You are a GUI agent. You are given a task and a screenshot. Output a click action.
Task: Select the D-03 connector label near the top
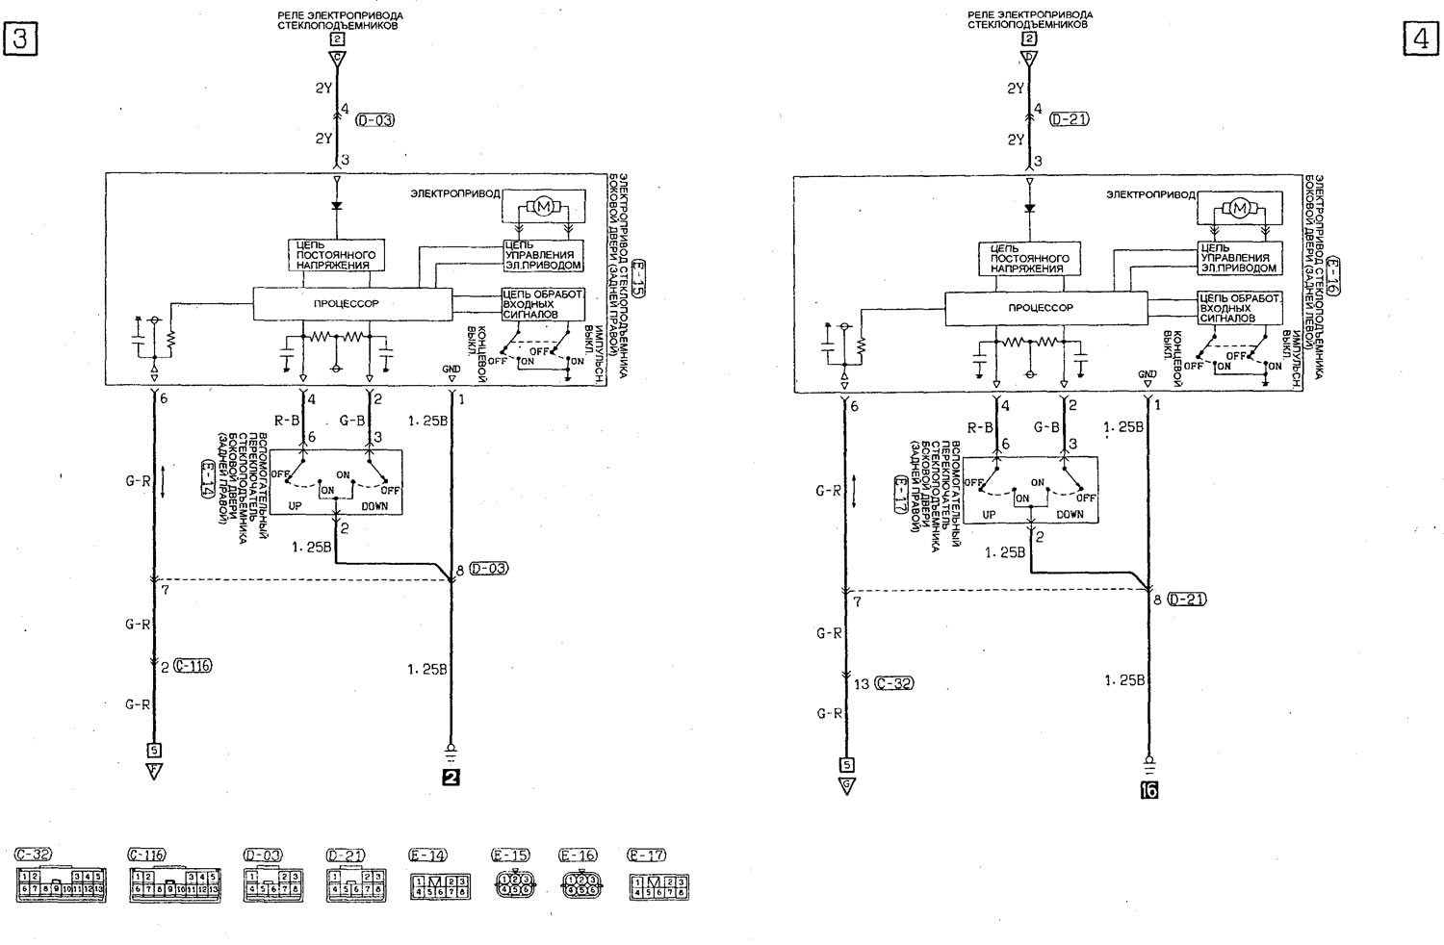[374, 120]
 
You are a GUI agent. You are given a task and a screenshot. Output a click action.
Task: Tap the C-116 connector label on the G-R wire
[193, 665]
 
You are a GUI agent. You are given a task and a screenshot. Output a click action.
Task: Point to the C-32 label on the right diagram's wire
[894, 684]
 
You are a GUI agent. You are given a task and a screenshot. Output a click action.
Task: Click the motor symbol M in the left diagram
[543, 205]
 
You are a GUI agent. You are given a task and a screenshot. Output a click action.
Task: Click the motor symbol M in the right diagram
[1239, 207]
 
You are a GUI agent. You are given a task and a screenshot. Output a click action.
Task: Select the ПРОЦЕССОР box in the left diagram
[352, 303]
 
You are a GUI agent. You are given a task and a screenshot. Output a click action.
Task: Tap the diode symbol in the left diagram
[336, 205]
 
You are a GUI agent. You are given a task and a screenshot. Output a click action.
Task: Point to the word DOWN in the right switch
[1069, 514]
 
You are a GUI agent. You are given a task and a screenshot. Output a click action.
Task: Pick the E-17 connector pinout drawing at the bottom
[659, 885]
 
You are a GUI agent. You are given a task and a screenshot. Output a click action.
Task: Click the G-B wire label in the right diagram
[1047, 426]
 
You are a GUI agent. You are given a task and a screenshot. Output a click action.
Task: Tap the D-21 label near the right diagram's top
[1070, 120]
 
